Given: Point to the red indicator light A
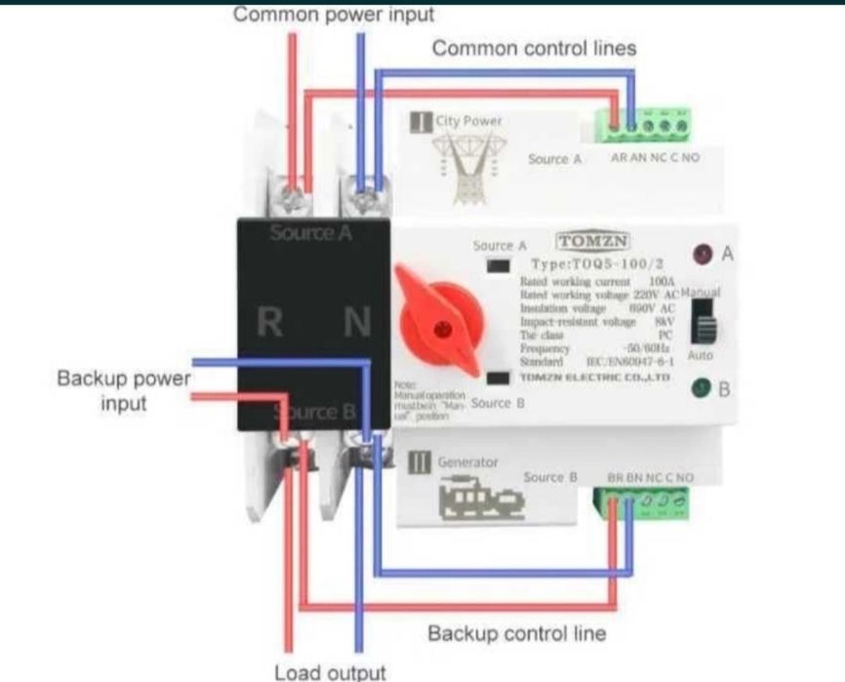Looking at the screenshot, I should point(701,256).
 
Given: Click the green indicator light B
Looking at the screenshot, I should point(700,389).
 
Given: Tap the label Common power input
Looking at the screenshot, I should point(334,15).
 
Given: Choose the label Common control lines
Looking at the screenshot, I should point(534,47).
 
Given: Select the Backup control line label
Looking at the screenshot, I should point(516,633).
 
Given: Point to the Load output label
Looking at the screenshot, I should point(330,672).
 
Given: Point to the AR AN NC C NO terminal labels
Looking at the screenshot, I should point(655,157).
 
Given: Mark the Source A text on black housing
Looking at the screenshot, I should point(310,233).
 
